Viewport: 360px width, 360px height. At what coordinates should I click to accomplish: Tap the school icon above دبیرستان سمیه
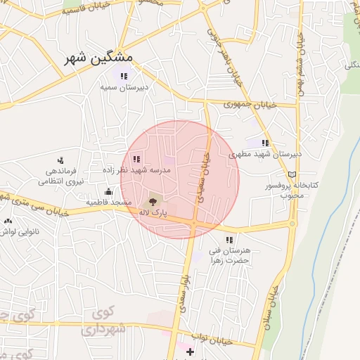click(124, 76)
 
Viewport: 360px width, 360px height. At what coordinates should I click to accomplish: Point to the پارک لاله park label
click(153, 212)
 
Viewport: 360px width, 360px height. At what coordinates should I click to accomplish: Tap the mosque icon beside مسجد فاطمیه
click(108, 192)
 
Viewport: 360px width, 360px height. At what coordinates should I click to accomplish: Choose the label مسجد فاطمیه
click(110, 202)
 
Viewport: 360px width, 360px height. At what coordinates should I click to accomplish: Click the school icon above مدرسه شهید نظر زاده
click(136, 159)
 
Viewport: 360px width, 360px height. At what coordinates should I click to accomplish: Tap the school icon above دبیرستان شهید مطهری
click(265, 143)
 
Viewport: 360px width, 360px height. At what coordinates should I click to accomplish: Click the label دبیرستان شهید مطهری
click(276, 153)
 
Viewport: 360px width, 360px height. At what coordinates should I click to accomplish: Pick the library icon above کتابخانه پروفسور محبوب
click(292, 174)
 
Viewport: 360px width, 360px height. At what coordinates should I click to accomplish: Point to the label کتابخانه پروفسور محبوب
click(291, 190)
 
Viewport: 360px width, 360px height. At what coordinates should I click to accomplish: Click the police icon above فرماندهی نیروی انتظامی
click(60, 160)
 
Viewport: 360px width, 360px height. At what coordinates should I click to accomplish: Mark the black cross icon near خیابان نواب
click(191, 350)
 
